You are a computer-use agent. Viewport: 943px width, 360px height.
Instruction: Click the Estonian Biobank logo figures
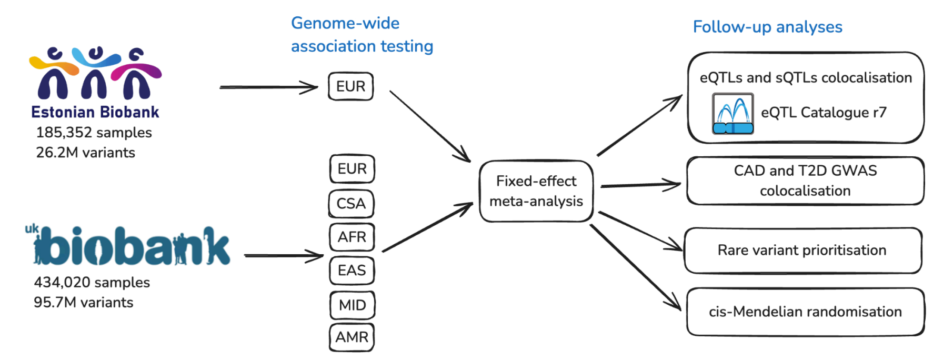95,73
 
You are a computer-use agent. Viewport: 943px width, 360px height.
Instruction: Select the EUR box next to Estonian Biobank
350,86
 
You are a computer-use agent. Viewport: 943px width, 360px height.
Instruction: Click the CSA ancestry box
351,204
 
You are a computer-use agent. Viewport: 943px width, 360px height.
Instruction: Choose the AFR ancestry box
352,237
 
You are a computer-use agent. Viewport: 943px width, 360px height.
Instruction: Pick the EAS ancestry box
352,271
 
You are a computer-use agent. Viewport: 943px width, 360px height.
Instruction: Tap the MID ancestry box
352,305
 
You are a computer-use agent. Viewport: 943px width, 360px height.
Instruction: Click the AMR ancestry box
352,337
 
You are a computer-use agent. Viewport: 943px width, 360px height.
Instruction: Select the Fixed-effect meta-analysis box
536,191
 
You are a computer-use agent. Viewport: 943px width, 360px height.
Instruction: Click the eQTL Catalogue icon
733,113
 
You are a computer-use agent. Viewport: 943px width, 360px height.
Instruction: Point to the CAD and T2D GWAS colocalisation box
805,181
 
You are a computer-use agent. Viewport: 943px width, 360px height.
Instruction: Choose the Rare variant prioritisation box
802,251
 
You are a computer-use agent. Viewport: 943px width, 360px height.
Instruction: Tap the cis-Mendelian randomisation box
805,312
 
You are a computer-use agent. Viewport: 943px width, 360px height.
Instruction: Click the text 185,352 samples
94,133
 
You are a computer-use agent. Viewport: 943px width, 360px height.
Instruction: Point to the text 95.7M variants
84,303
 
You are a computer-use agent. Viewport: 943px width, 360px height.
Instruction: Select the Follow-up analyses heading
767,27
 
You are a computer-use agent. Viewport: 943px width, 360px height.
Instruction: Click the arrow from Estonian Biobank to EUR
268,87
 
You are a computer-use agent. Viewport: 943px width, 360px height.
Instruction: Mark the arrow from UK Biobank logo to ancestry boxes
284,256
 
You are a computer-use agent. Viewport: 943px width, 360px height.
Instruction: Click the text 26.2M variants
85,153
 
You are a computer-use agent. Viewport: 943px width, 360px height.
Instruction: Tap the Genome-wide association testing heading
362,35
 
